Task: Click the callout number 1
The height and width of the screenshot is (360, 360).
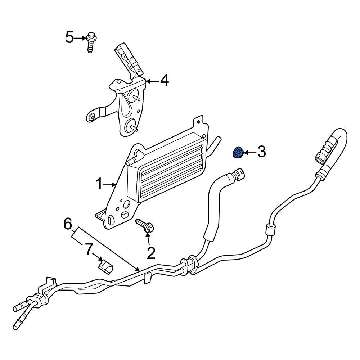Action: point(99,184)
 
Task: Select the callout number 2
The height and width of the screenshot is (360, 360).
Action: point(151,253)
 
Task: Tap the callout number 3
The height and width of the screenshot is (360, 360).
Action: point(261,152)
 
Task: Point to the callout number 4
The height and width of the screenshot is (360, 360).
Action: point(165,81)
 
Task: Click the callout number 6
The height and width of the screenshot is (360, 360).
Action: point(68,224)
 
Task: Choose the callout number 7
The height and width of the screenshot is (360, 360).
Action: point(89,249)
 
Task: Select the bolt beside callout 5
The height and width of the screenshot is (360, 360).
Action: point(91,42)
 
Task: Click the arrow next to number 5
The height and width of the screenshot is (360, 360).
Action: point(80,38)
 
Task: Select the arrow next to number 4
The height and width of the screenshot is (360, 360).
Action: point(152,81)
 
